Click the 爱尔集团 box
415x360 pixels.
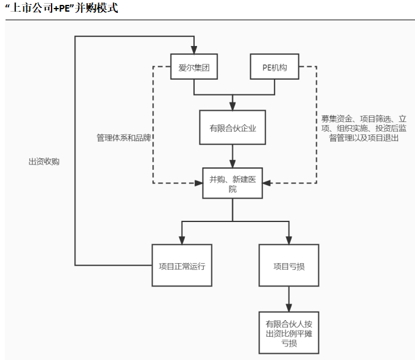[x=194, y=67]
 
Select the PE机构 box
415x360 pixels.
[x=274, y=67]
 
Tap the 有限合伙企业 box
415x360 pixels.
[x=232, y=128]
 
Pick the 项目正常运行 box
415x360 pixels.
[x=182, y=266]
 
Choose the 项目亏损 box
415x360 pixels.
[x=289, y=266]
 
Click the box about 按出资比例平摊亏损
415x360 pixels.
[x=289, y=332]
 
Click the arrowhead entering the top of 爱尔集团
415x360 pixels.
[x=194, y=49]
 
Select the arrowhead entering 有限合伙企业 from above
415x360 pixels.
[x=232, y=105]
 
